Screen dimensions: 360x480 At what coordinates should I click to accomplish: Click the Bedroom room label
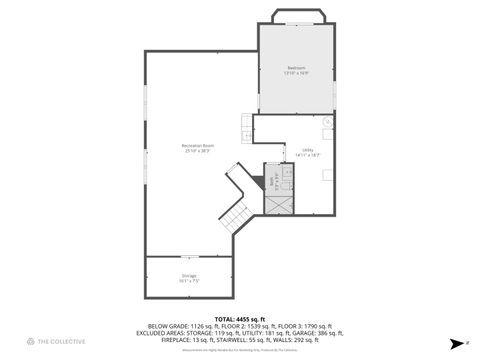pos(296,67)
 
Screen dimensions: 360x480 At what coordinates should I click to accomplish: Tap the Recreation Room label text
pos(196,146)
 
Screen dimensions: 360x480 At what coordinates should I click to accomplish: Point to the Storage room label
pos(189,275)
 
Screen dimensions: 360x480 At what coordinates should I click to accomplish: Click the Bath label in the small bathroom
pos(269,180)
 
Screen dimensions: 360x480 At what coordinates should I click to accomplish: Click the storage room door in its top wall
pos(190,257)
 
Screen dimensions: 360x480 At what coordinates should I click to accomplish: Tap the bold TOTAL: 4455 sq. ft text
pos(240,318)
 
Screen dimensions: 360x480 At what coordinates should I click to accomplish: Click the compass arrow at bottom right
pos(453,341)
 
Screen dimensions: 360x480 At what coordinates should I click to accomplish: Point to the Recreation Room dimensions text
pos(196,151)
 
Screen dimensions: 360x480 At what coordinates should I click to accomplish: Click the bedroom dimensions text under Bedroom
pos(296,73)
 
